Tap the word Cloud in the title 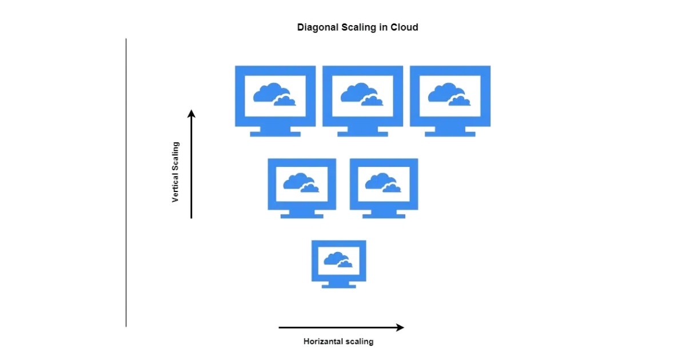pos(404,27)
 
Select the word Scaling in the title pos(358,27)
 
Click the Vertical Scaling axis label pos(176,172)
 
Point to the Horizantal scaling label pos(338,342)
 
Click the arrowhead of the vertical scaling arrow pos(192,114)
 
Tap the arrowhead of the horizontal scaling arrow pos(400,327)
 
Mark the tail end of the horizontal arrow pos(280,327)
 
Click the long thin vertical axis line pos(126,183)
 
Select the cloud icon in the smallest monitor pos(338,259)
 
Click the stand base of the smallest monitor pos(338,286)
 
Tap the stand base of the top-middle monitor pos(362,134)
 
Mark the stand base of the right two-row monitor pos(384,216)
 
